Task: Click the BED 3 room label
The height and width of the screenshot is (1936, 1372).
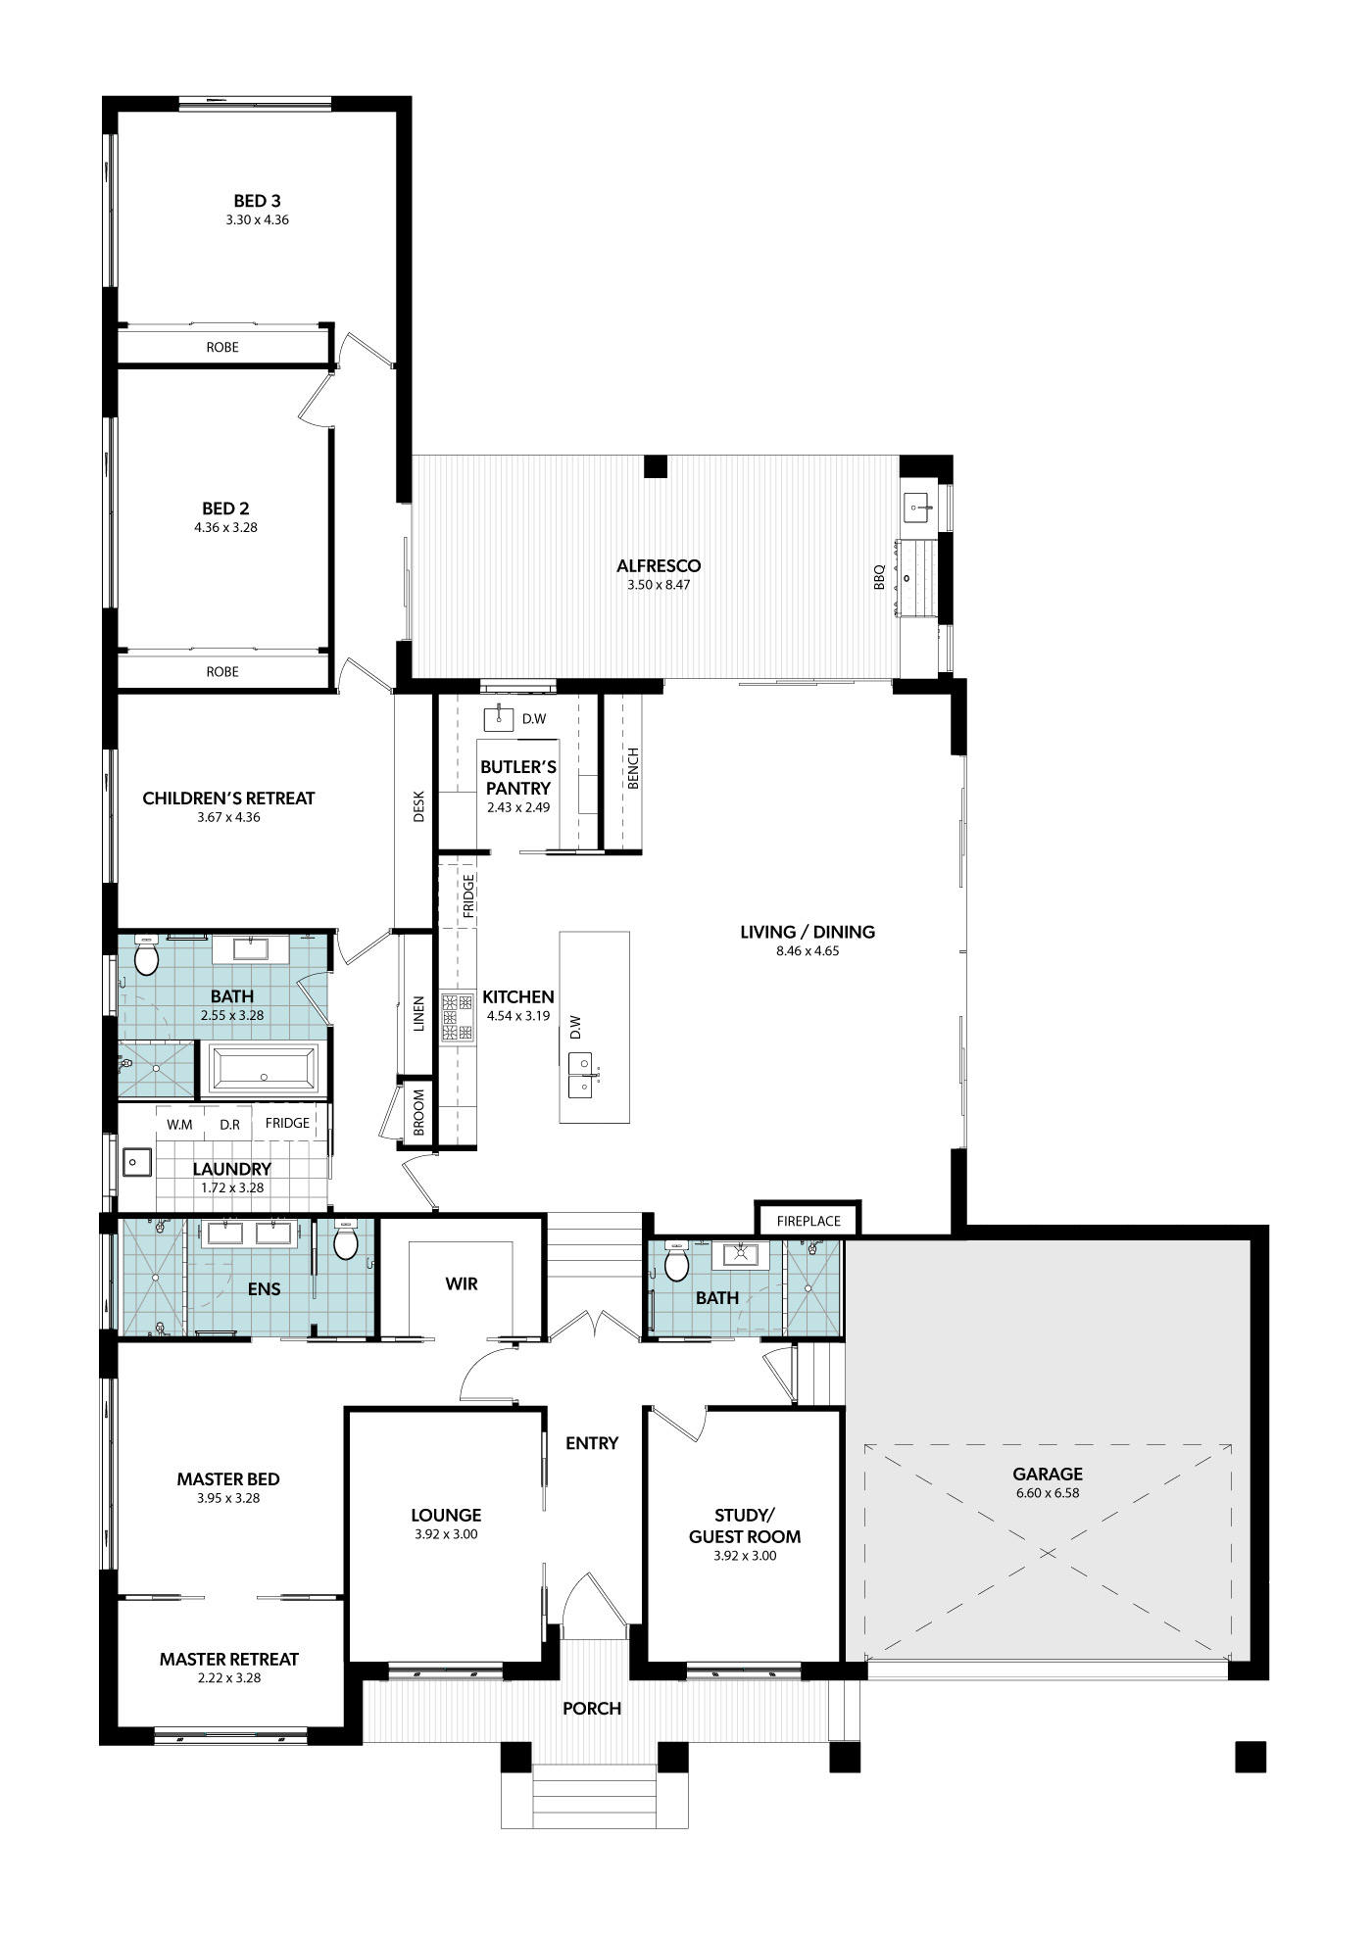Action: coord(257,201)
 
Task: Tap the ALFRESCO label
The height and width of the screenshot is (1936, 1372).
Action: coord(659,565)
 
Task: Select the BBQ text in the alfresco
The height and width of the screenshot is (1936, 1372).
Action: coord(879,576)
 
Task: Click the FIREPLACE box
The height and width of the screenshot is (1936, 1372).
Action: coord(808,1221)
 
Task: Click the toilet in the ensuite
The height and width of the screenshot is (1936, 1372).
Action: coord(346,1242)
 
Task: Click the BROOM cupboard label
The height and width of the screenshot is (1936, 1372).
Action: coord(418,1113)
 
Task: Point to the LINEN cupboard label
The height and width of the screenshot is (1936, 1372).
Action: coord(418,1013)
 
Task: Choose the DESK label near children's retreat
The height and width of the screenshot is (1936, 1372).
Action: coord(418,805)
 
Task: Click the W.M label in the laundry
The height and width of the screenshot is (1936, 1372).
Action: coord(179,1125)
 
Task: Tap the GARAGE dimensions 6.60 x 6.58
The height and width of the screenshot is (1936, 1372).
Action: coord(1048,1493)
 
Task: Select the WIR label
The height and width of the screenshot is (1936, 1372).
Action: coord(462,1283)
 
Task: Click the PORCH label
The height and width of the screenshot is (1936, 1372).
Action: coord(592,1709)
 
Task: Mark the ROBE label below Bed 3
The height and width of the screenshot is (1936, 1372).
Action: coord(222,348)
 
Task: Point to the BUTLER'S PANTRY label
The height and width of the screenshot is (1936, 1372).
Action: coord(518,778)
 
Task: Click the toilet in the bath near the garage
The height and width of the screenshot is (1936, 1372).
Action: coord(676,1264)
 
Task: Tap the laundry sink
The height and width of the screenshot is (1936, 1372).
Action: coord(137,1162)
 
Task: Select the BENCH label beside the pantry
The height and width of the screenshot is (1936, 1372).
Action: coord(633,768)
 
